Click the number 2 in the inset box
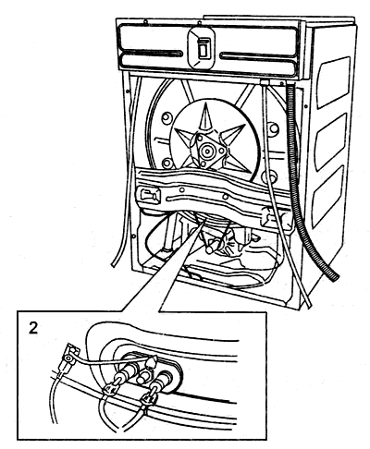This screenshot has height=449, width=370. click(x=33, y=328)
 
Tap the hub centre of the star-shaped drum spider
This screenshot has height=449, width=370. click(x=205, y=152)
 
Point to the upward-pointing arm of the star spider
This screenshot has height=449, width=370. click(x=203, y=118)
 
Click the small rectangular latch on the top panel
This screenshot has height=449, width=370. click(x=203, y=48)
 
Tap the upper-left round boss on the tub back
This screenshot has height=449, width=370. click(x=166, y=118)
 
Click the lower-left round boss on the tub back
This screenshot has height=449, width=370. click(x=166, y=163)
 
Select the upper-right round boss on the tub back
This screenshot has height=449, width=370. click(x=273, y=127)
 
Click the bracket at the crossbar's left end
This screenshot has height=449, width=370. click(x=149, y=195)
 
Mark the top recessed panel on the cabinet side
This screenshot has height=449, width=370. click(x=334, y=82)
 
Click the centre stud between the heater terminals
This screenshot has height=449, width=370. click(x=142, y=376)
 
